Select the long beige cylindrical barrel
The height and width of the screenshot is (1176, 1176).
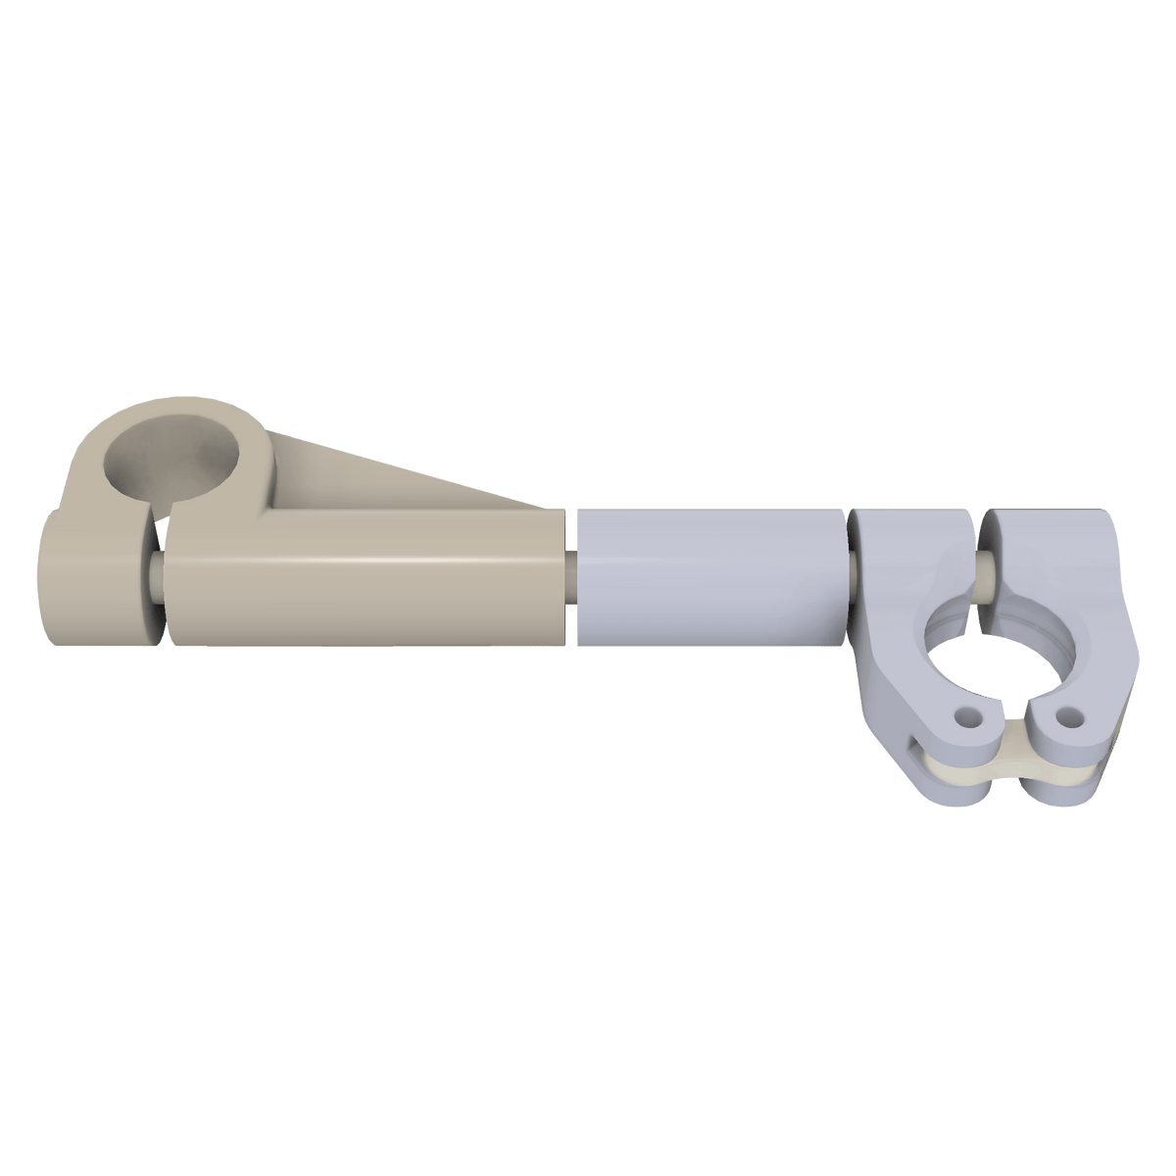363,598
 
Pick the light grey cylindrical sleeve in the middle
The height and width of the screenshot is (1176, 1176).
710,578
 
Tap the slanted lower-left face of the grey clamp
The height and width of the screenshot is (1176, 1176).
887,725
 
